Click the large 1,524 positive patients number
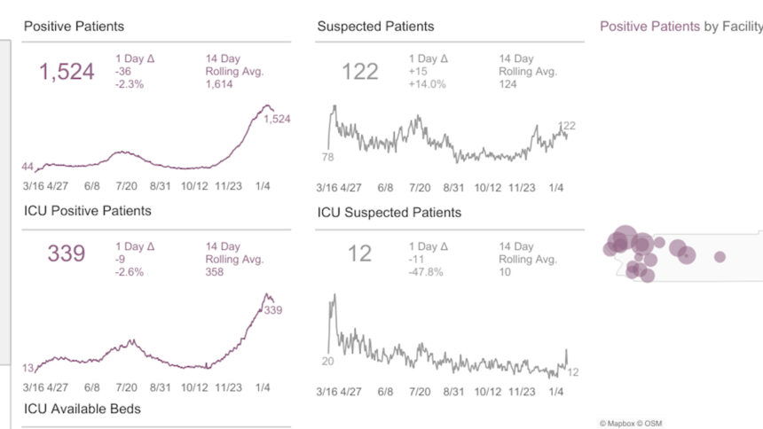tap(67, 73)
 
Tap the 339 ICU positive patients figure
tap(67, 254)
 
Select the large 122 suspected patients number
tap(360, 73)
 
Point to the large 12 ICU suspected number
tap(359, 254)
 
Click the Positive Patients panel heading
tap(74, 27)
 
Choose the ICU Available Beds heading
tap(82, 409)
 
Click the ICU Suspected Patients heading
tap(389, 213)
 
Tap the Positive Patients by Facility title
tap(680, 27)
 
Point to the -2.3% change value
tap(130, 84)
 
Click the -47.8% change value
tap(426, 272)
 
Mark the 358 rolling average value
tap(216, 272)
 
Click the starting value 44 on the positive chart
tap(28, 167)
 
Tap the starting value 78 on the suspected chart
tap(328, 156)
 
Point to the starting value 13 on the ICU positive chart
tap(28, 368)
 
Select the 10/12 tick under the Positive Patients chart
tap(194, 188)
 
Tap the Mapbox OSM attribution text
tap(631, 423)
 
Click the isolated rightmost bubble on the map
tap(720, 257)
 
